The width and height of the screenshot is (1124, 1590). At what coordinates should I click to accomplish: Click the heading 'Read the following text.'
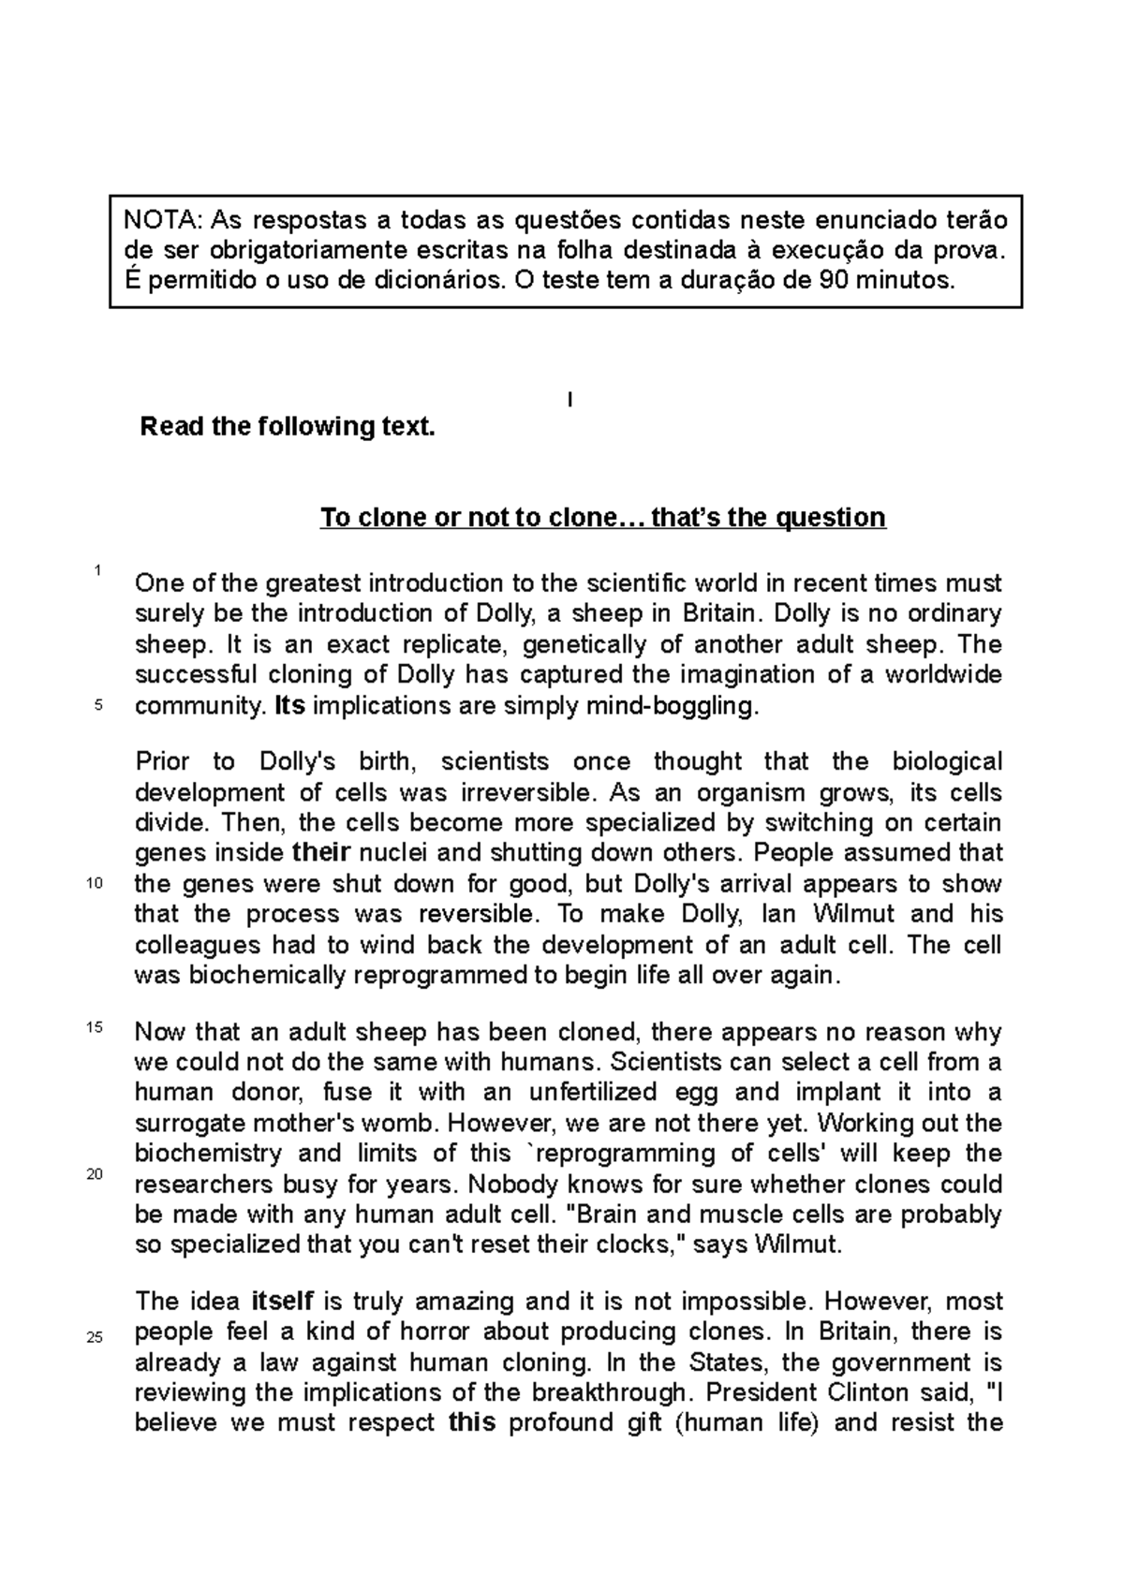pyautogui.click(x=288, y=427)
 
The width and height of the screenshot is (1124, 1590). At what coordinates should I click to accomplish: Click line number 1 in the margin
pyautogui.click(x=96, y=570)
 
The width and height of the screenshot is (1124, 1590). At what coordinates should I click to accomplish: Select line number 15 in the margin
pyautogui.click(x=94, y=1027)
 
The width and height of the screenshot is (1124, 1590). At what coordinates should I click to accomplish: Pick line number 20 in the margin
pyautogui.click(x=94, y=1176)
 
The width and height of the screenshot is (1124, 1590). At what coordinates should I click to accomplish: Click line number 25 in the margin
pyautogui.click(x=94, y=1337)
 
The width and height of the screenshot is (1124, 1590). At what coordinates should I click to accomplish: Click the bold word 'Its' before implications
pyautogui.click(x=289, y=706)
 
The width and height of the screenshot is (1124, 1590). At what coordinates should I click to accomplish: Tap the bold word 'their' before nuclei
pyautogui.click(x=321, y=853)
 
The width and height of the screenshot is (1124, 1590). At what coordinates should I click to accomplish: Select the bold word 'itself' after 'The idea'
pyautogui.click(x=283, y=1301)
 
